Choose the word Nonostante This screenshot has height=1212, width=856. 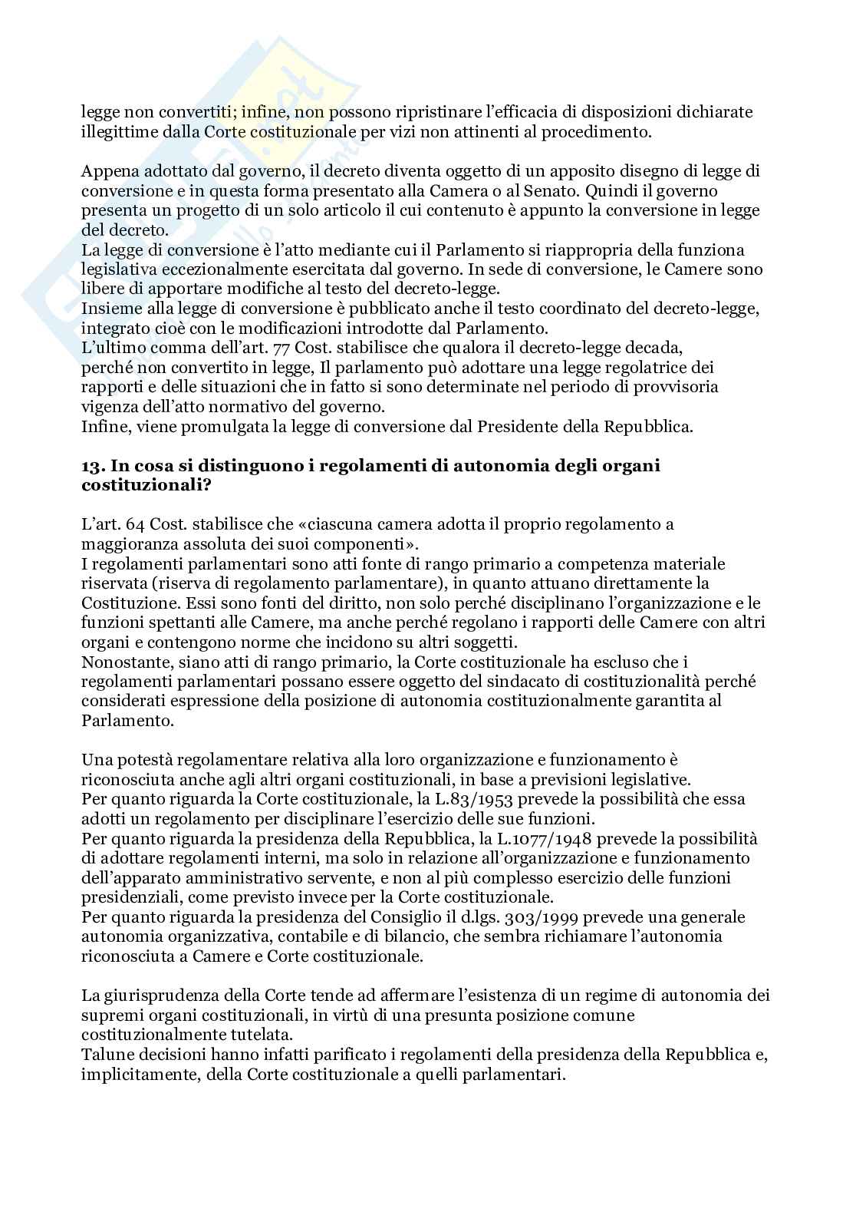pos(124,662)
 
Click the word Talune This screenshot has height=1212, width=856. pos(105,1055)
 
